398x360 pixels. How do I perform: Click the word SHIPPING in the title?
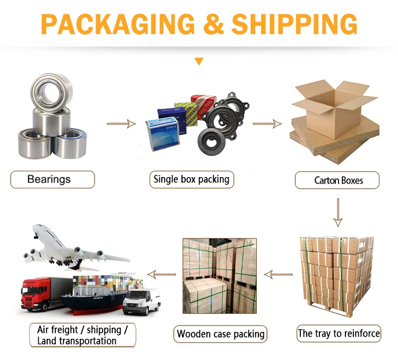(x=295, y=23)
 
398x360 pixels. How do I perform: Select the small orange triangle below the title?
(x=199, y=62)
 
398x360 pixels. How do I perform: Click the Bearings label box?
(x=52, y=179)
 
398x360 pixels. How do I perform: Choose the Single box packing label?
(x=191, y=179)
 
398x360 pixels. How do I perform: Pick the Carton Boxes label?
(x=338, y=180)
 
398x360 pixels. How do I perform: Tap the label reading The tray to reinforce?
(x=339, y=333)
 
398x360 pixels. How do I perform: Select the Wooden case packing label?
(x=220, y=334)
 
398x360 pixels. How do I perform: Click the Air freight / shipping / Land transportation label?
(x=82, y=335)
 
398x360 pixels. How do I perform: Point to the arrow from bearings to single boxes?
(x=121, y=124)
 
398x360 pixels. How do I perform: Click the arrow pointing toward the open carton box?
(x=267, y=124)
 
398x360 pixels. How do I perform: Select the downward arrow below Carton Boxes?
(x=338, y=212)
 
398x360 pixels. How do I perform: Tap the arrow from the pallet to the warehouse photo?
(x=279, y=274)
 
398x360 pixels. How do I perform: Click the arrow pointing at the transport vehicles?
(x=162, y=274)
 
